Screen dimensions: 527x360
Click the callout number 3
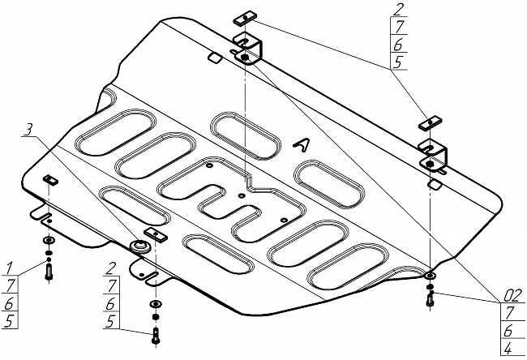(x=29, y=130)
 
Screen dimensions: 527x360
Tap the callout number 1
(x=10, y=268)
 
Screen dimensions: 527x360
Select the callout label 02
(x=514, y=296)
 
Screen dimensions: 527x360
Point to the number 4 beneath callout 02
(x=509, y=349)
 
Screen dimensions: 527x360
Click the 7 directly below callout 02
(x=511, y=313)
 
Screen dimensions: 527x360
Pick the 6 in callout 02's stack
(x=509, y=331)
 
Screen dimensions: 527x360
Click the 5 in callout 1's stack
(x=9, y=320)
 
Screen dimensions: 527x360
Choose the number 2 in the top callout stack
(x=399, y=9)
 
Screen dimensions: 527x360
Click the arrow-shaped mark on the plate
(x=302, y=144)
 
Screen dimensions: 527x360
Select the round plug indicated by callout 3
(x=139, y=246)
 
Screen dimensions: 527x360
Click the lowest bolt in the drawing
(x=156, y=335)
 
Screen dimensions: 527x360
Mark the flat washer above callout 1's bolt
(x=49, y=240)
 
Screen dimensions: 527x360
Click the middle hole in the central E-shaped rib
(x=241, y=195)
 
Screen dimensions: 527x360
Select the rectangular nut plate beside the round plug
(x=156, y=234)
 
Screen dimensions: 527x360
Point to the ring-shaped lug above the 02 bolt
(x=430, y=276)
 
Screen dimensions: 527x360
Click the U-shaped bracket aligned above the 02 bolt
(x=433, y=154)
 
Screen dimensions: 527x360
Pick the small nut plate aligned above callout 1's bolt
(x=50, y=180)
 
